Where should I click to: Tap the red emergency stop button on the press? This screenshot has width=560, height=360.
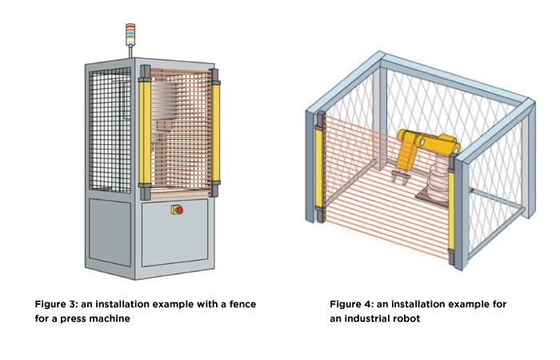[x=178, y=210]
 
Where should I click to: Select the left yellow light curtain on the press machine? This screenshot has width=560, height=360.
[x=145, y=132]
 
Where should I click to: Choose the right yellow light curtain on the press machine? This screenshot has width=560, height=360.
[x=214, y=132]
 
